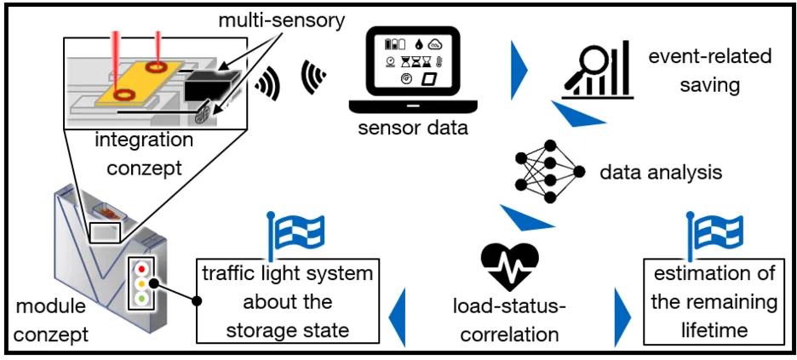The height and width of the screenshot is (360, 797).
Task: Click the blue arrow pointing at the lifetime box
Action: click(622, 315)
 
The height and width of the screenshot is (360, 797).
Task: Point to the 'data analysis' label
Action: click(661, 172)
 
